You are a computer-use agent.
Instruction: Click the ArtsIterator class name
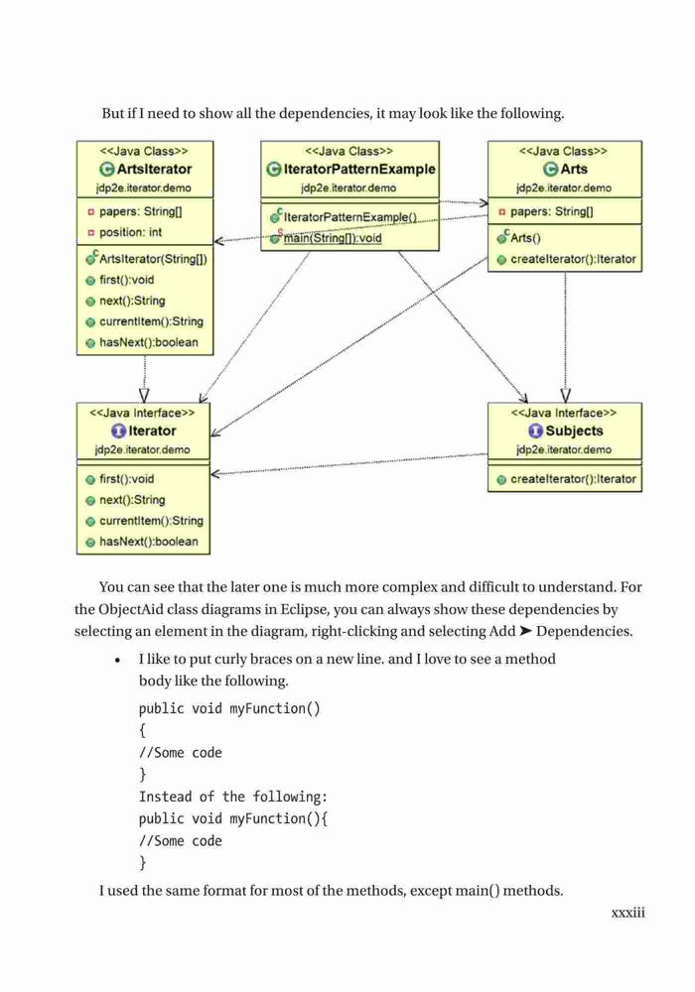coord(154,169)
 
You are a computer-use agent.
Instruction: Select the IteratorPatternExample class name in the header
coord(359,169)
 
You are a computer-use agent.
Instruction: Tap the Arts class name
coord(574,169)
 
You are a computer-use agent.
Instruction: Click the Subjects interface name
coord(574,431)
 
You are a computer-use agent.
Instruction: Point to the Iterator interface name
coord(152,431)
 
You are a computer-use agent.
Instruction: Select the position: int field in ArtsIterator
coord(130,232)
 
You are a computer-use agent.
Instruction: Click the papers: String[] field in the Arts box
coord(551,211)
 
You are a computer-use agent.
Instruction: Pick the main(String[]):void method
coord(333,238)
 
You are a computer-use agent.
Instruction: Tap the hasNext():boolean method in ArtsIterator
coord(149,342)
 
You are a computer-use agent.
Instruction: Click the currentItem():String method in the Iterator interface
coord(151,521)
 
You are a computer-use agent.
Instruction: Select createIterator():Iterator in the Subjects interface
coord(573,479)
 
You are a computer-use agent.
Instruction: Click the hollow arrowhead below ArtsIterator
coord(144,396)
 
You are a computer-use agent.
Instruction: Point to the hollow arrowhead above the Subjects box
coord(566,396)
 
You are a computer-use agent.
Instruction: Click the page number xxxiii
coord(627,913)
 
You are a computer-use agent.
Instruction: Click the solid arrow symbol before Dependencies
coord(525,631)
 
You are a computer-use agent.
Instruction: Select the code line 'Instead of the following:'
coord(233,797)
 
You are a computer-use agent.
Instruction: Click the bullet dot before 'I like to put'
coord(118,661)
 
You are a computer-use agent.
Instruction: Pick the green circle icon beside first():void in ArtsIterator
coord(90,281)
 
